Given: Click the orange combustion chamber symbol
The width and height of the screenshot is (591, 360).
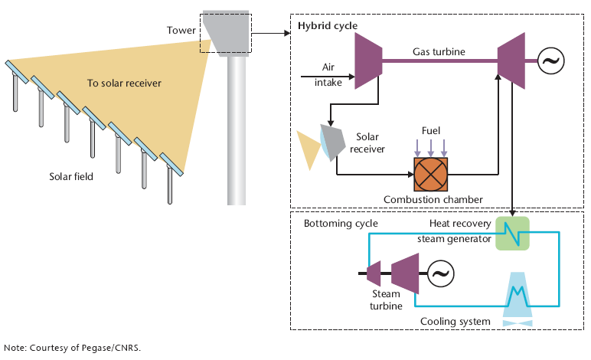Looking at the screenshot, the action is tap(431, 175).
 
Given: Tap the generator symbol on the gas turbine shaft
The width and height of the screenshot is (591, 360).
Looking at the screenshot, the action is tap(550, 61).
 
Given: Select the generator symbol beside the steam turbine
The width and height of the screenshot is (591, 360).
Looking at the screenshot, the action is tap(441, 273).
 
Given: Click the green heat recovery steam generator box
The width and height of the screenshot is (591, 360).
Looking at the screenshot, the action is tap(512, 234).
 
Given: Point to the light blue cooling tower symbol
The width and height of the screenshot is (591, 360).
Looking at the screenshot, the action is tap(518, 299).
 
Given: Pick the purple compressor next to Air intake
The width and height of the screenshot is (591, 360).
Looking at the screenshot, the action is tap(369, 61).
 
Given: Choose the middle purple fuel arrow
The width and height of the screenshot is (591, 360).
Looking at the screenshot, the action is tap(431, 148).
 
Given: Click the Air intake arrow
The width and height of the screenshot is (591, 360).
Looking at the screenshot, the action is tap(328, 77).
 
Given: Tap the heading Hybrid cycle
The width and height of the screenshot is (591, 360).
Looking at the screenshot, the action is tap(328, 25).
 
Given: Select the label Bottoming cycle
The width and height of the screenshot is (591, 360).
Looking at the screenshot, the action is tap(341, 224).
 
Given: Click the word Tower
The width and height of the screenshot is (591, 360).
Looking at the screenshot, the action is tap(181, 30).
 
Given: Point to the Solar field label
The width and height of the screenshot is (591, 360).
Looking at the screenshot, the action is tap(71, 176).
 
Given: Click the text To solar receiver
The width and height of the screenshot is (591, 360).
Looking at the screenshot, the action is tap(124, 83).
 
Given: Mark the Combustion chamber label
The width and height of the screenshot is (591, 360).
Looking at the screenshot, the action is tap(433, 199).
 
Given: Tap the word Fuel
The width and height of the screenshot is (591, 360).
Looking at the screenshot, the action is tap(431, 131).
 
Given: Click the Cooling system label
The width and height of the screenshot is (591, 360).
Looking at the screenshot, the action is tap(455, 322).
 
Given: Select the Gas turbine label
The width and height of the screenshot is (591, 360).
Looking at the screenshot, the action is tap(439, 51).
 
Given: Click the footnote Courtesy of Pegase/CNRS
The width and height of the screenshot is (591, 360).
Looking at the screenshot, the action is tap(85, 348).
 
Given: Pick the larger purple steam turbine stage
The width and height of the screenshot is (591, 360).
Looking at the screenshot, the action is tap(405, 273).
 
